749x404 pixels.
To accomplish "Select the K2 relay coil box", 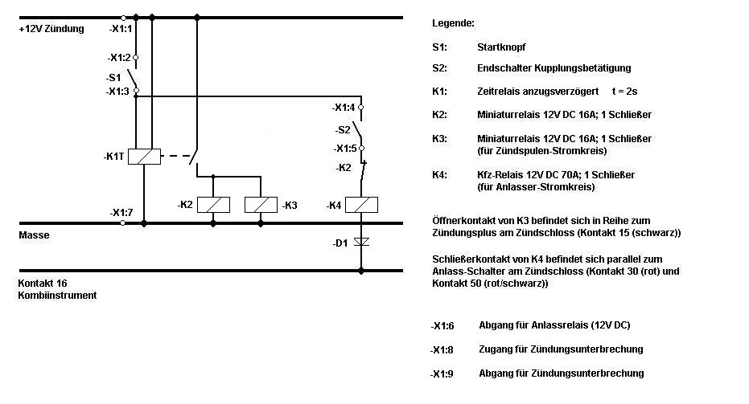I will pyautogui.click(x=212, y=205).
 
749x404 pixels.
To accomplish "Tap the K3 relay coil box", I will pyautogui.click(x=261, y=205).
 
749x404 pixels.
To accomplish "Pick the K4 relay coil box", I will pyautogui.click(x=362, y=205).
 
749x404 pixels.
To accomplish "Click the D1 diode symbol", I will pyautogui.click(x=362, y=240).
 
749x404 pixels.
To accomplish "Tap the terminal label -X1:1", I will pyautogui.click(x=120, y=29).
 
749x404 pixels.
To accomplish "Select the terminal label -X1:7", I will pyautogui.click(x=121, y=212).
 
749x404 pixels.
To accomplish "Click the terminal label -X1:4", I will pyautogui.click(x=344, y=107).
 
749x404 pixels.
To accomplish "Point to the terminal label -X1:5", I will pyautogui.click(x=344, y=148).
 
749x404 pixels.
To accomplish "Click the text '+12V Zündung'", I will pyautogui.click(x=51, y=29).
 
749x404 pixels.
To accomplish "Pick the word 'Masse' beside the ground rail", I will pyautogui.click(x=35, y=235).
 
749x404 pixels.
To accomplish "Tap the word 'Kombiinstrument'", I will pyautogui.click(x=57, y=295).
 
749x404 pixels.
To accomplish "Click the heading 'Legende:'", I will pyautogui.click(x=453, y=22).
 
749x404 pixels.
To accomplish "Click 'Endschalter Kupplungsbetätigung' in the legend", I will pyautogui.click(x=554, y=67).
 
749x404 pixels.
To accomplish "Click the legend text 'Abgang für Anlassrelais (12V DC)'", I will pyautogui.click(x=554, y=325).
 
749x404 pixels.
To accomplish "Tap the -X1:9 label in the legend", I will pyautogui.click(x=442, y=373).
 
